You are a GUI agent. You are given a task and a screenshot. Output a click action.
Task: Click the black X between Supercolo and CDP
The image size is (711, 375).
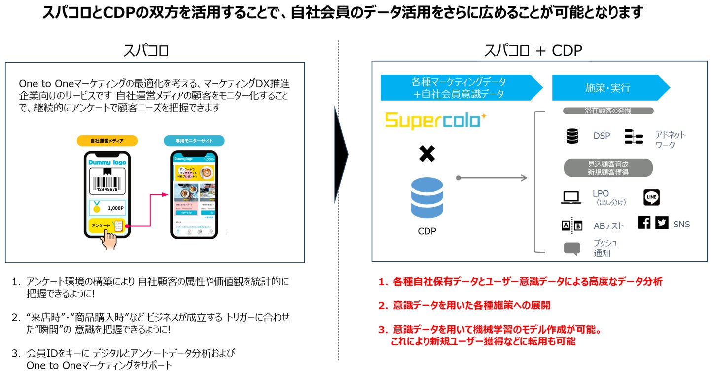(427, 154)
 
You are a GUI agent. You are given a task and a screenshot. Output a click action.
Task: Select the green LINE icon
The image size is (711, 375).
(651, 197)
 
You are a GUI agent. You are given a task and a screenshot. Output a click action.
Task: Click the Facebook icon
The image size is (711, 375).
(644, 223)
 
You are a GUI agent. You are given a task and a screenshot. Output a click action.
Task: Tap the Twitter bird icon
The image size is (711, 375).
(662, 223)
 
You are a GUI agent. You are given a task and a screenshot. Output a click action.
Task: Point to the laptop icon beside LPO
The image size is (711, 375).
(571, 198)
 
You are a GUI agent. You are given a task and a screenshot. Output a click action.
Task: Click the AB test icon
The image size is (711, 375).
(571, 225)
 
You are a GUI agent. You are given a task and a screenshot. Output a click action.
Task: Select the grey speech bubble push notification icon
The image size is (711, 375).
(571, 248)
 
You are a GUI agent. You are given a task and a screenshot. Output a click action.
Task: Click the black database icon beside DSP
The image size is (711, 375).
(572, 136)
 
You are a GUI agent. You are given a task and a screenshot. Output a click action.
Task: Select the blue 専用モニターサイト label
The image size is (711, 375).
(194, 141)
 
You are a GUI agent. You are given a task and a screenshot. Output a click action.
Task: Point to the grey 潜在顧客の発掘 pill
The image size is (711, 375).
(608, 111)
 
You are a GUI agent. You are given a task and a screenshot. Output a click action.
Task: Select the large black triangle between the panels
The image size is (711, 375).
(341, 154)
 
